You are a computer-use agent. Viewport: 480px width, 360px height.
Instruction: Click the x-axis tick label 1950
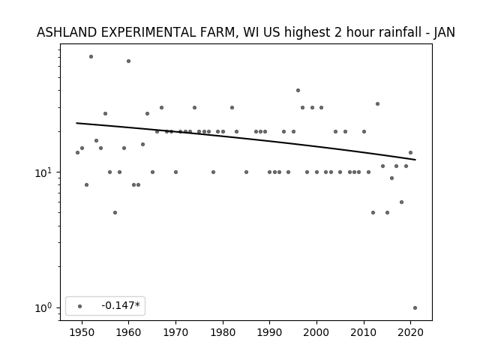(82, 332)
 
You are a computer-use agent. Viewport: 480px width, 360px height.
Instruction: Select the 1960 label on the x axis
(128, 332)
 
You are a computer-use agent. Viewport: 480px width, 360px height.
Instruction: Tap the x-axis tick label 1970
(175, 332)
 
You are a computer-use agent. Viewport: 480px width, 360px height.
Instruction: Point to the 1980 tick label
(223, 332)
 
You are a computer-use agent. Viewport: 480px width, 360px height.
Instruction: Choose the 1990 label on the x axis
(270, 332)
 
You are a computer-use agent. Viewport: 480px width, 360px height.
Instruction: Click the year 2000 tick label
(316, 332)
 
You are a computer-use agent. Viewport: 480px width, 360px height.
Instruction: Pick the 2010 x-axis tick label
(364, 332)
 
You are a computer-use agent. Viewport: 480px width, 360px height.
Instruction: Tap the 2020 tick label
(411, 332)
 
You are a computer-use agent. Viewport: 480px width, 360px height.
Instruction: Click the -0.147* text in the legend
(121, 305)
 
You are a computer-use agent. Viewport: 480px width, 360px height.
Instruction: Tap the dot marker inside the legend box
(79, 306)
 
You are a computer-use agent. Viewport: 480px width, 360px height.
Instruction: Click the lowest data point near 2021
(415, 308)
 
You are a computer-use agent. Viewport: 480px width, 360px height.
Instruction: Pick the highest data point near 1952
(91, 57)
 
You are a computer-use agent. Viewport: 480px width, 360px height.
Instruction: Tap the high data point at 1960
(128, 61)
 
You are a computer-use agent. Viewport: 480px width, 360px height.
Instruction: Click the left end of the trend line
(76, 123)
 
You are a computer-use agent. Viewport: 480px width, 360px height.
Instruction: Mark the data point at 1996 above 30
(298, 90)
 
